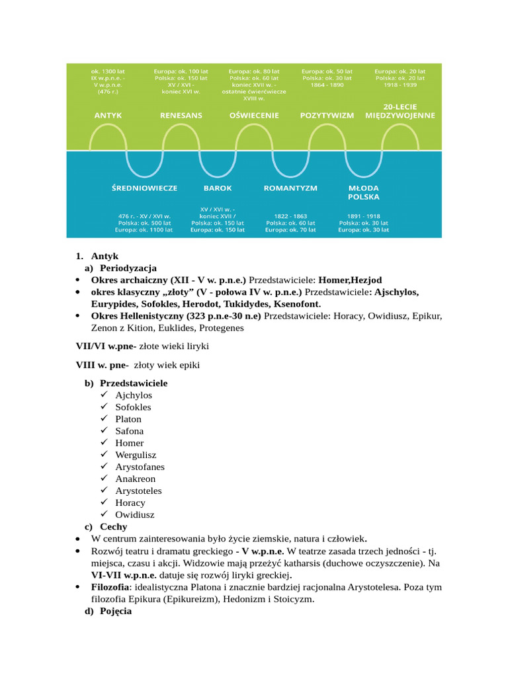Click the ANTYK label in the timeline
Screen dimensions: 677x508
pyautogui.click(x=108, y=115)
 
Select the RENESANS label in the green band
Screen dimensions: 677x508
pyautogui.click(x=181, y=115)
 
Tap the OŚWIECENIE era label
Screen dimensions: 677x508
pyautogui.click(x=254, y=115)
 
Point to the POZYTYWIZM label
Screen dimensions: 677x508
pyautogui.click(x=327, y=115)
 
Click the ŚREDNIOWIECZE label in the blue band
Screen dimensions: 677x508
pyautogui.click(x=144, y=188)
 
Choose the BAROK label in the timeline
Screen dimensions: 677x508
pyautogui.click(x=218, y=188)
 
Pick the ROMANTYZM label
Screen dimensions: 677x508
pyautogui.click(x=290, y=188)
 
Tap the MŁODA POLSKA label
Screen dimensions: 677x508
pyautogui.click(x=363, y=192)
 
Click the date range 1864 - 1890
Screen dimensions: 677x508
pyautogui.click(x=327, y=85)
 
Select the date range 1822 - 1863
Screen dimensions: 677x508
pyautogui.click(x=290, y=216)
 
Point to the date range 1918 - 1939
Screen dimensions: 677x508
pyautogui.click(x=400, y=85)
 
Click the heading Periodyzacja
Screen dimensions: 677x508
pyautogui.click(x=128, y=268)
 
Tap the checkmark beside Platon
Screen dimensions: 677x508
pyautogui.click(x=105, y=419)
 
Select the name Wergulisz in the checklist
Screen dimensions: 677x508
pyautogui.click(x=136, y=455)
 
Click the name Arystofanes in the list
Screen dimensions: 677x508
pyautogui.click(x=140, y=467)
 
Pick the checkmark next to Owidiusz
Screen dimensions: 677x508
pyautogui.click(x=105, y=514)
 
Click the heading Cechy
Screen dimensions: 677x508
pyautogui.click(x=113, y=527)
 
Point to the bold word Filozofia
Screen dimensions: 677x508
pyautogui.click(x=109, y=587)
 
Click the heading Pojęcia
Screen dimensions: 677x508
pyautogui.click(x=116, y=612)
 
